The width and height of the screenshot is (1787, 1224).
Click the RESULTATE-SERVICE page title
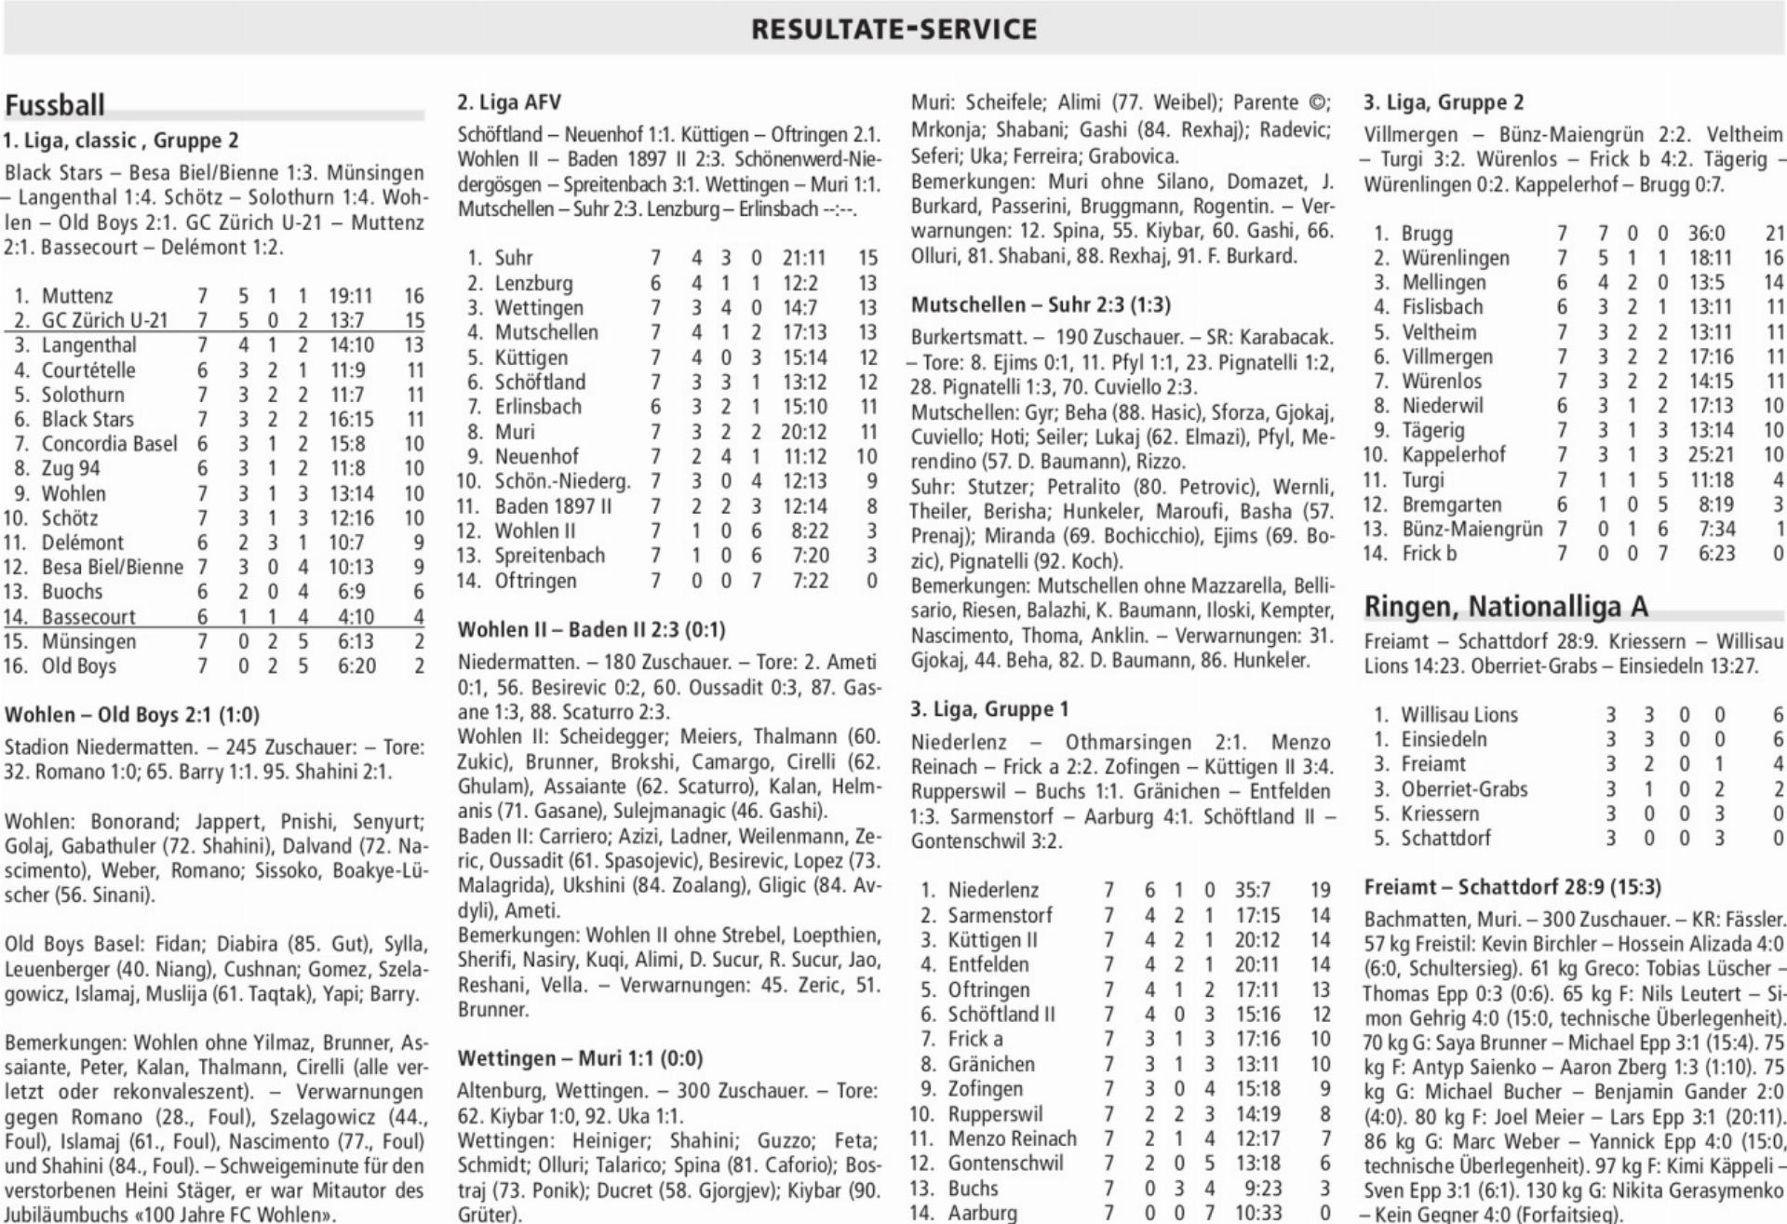pos(893,29)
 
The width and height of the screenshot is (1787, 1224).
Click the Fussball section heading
pos(55,105)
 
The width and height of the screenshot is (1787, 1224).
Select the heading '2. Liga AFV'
pos(509,102)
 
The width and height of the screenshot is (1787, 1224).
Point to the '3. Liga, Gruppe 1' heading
pos(989,709)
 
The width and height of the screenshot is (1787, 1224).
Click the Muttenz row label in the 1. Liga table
pos(76,296)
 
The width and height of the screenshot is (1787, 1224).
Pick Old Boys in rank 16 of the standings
pos(79,666)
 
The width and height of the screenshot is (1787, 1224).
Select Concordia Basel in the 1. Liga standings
pos(109,444)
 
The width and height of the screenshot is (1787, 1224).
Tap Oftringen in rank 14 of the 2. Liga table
pos(535,581)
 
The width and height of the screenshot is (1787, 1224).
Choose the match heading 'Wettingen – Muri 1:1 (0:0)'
pos(580,1058)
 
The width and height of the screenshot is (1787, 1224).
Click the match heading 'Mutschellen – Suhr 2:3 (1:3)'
pos(1041,305)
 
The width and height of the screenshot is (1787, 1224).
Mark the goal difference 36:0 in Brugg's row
pos(1706,234)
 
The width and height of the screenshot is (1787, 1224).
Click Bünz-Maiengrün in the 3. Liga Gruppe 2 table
pos(1471,529)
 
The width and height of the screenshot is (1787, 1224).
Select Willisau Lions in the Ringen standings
pos(1458,715)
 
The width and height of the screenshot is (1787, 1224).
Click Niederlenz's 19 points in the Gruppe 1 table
pos(1320,891)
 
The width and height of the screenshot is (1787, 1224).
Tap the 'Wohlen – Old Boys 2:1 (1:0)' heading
pos(132,715)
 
